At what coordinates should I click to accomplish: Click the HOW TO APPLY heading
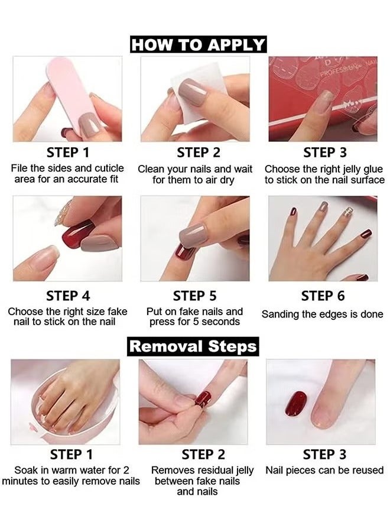(x=198, y=44)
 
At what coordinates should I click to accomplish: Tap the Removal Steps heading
(x=193, y=346)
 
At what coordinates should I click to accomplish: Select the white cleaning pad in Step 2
(x=201, y=80)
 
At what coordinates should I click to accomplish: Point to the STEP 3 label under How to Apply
(x=324, y=153)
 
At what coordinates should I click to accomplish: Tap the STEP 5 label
(x=194, y=295)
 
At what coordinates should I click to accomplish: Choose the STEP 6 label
(x=323, y=295)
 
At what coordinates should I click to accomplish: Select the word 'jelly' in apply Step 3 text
(x=349, y=169)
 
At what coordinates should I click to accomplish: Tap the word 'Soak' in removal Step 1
(x=27, y=471)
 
